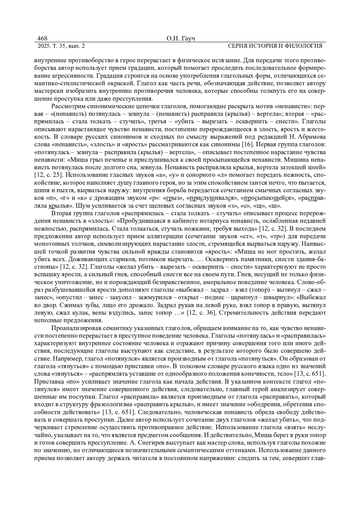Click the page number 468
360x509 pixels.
click(x=42, y=39)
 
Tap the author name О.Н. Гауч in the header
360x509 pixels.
click(x=180, y=39)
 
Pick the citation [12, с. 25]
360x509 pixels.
click(x=48, y=174)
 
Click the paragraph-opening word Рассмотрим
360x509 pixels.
click(x=66, y=106)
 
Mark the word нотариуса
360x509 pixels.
click(x=216, y=221)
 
